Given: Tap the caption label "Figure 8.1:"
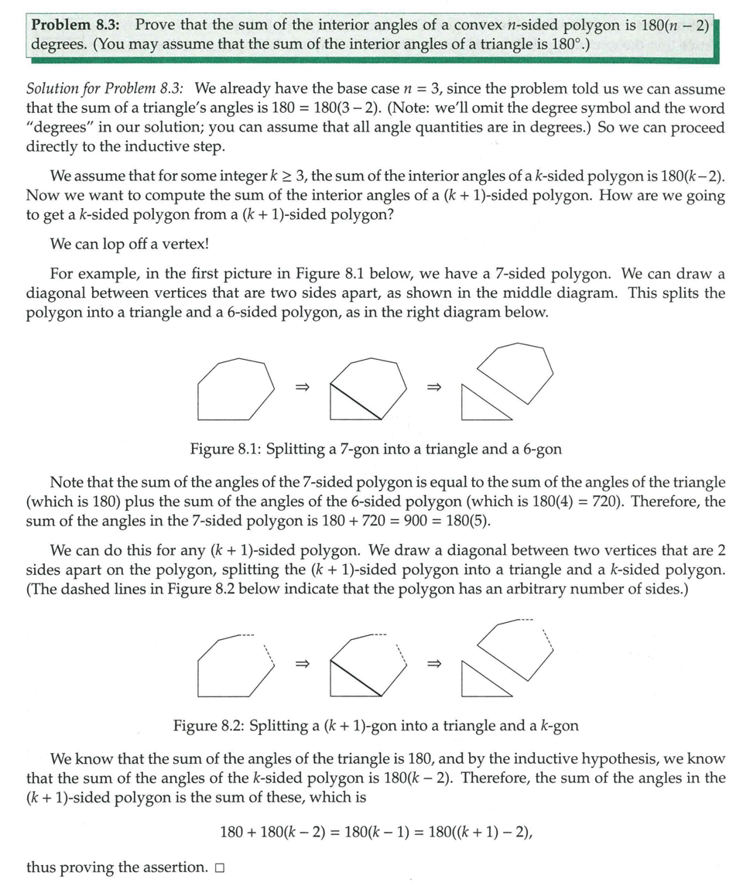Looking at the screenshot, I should [224, 449].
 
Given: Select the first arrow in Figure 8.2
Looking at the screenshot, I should [302, 663].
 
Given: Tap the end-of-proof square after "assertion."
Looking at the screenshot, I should [220, 868].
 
